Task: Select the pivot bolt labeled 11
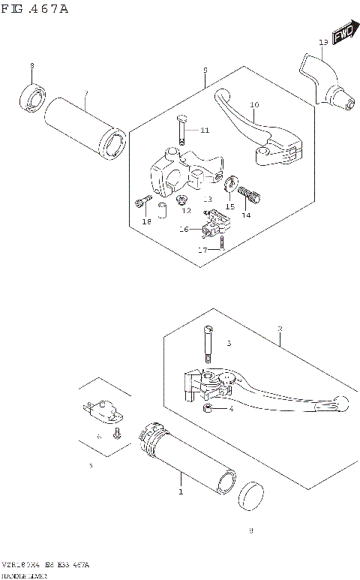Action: pos(182,130)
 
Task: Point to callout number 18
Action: pos(147,221)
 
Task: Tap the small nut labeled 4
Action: pos(209,408)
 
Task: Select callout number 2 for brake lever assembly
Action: pos(279,329)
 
